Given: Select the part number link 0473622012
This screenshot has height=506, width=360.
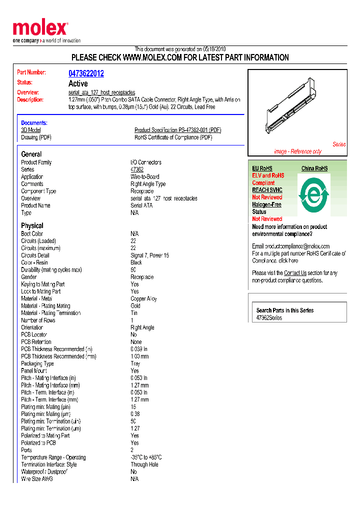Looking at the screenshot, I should [86, 73].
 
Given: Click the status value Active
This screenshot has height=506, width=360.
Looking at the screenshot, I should [78, 83].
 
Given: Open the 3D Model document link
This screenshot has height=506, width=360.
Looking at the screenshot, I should [31, 130].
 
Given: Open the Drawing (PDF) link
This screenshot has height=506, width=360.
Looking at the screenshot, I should [36, 137].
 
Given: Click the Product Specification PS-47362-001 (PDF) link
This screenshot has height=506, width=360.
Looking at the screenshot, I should [177, 130].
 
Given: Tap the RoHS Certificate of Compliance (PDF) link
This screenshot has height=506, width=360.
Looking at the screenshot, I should [173, 137].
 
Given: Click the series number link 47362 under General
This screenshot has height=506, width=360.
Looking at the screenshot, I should [137, 169].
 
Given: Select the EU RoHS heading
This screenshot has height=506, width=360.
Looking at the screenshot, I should [262, 168].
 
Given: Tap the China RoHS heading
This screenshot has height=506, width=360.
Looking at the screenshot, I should [314, 168].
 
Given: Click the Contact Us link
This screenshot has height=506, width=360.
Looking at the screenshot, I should [295, 273].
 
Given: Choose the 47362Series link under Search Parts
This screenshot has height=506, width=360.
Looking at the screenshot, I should [269, 318].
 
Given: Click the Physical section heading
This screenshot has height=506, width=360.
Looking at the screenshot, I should [32, 225].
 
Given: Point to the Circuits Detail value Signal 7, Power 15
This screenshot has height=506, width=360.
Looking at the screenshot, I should [150, 255].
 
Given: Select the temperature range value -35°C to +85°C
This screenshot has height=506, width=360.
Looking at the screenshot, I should [146, 457].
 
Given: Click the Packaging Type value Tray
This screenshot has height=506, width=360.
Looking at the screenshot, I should [135, 363].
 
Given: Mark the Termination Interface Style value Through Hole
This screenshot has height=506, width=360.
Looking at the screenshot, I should [144, 464].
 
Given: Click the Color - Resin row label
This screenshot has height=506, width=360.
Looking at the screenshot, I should [34, 262].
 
